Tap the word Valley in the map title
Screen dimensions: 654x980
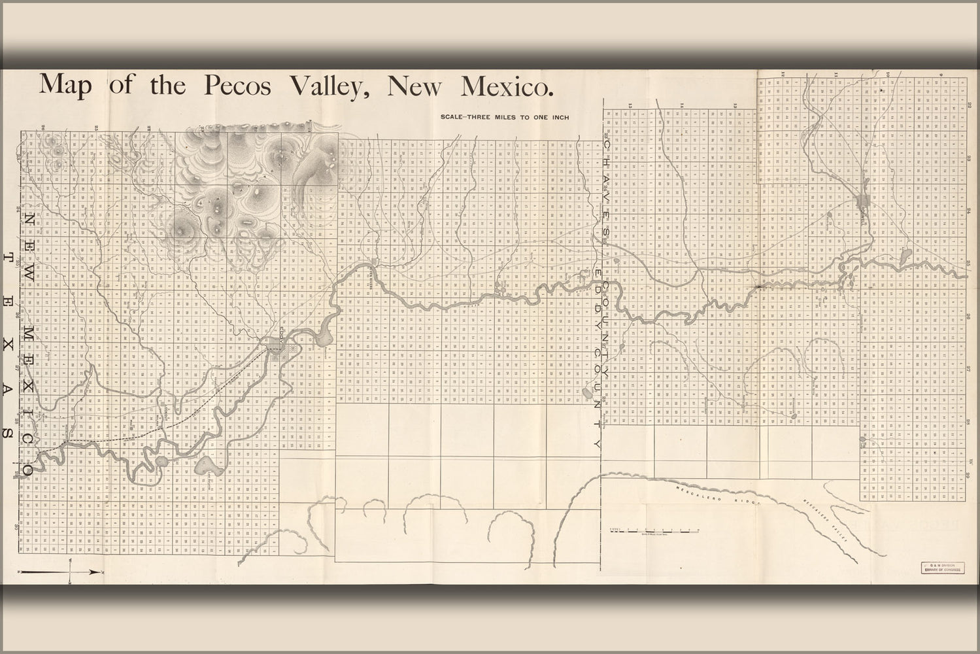click(x=329, y=86)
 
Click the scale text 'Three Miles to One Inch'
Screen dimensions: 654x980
click(x=505, y=117)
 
